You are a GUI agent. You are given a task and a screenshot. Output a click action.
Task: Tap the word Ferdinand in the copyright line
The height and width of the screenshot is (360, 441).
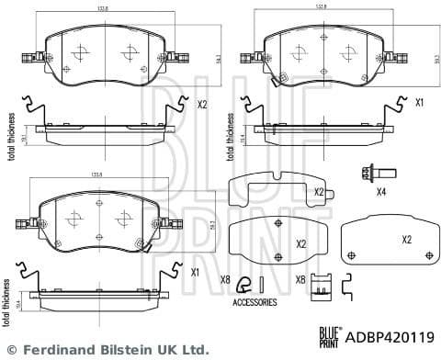point(56,350)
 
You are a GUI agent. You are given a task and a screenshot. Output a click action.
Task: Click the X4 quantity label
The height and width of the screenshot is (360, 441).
point(382,191)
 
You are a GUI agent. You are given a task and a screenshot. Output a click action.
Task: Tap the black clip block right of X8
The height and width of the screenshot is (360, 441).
point(321,287)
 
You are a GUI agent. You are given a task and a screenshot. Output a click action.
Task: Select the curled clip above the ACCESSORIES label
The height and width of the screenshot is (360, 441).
point(243,284)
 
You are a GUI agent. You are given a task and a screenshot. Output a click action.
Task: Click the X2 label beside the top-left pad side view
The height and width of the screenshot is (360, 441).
point(202,106)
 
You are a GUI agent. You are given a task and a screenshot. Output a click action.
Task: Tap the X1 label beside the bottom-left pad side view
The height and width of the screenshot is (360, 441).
point(194,273)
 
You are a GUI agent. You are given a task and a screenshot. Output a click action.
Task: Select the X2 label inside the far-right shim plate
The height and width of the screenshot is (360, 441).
point(406,239)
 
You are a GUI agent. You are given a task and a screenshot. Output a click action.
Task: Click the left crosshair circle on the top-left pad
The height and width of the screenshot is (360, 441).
point(78,52)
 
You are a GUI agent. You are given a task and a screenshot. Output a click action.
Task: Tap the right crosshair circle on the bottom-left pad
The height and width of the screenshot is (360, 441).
point(121,220)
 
